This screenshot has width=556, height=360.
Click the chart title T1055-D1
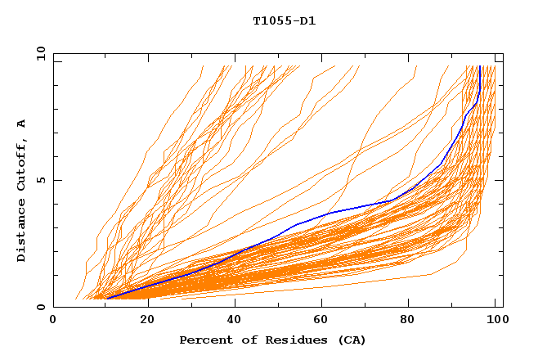pyautogui.click(x=284, y=21)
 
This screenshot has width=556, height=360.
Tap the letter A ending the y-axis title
pyautogui.click(x=21, y=124)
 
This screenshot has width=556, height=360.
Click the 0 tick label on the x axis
pyautogui.click(x=53, y=321)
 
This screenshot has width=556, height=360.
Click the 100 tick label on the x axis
pyautogui.click(x=495, y=321)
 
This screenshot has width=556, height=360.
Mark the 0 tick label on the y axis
pyautogui.click(x=41, y=308)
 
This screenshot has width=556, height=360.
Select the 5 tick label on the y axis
pyautogui.click(x=41, y=180)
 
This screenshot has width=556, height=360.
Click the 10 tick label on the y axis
pyautogui.click(x=38, y=53)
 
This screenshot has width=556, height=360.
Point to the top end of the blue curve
pyautogui.click(x=479, y=66)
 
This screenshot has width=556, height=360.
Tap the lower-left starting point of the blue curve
pyautogui.click(x=107, y=299)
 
